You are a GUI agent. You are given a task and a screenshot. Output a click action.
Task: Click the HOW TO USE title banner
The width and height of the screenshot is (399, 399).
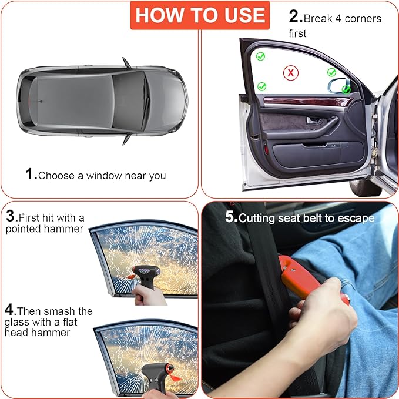coord(199,16)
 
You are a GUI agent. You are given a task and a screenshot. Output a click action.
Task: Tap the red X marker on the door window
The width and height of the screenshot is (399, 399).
coord(290,73)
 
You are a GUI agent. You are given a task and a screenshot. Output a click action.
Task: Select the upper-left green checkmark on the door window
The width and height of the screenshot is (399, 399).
coord(260,56)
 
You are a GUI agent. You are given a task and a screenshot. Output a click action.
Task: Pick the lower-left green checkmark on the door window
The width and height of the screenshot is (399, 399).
coord(261,86)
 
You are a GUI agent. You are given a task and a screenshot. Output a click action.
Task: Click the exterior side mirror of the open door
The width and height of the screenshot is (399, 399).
coord(338,86)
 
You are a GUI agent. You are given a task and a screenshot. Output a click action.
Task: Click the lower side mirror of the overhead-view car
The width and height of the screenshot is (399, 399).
coord(126,139)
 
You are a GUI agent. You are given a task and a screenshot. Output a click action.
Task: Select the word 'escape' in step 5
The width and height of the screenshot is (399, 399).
coord(357,218)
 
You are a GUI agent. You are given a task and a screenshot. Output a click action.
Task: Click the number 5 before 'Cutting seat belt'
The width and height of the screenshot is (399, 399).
coord(230,217)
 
